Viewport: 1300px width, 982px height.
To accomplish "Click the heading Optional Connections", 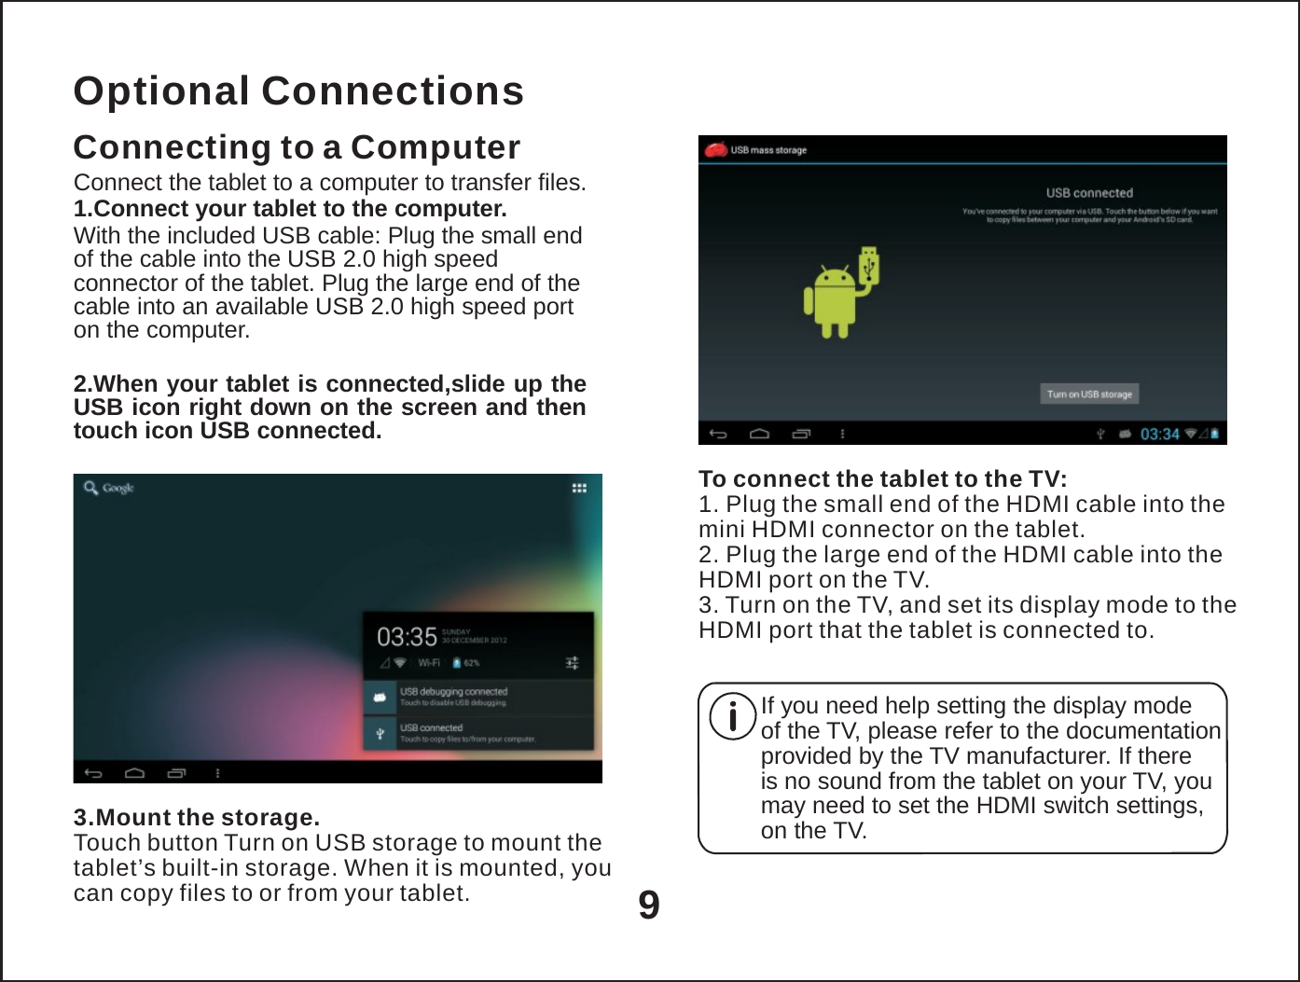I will [x=298, y=91].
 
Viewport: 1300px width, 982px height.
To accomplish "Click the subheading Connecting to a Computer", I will [x=297, y=147].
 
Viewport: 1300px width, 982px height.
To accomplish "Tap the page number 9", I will [x=649, y=906].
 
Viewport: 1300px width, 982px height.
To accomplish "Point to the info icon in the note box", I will [x=732, y=717].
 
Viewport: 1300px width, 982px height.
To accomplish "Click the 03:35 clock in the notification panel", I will [x=407, y=637].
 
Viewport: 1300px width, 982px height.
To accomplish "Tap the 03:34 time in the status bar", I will [x=1159, y=434].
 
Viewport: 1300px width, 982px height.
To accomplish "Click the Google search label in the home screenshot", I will [x=118, y=488].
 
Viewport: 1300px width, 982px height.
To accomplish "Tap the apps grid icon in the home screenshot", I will [x=579, y=488].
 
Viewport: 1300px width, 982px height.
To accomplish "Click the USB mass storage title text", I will [x=768, y=150].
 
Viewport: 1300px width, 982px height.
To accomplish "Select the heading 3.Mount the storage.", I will [x=197, y=818].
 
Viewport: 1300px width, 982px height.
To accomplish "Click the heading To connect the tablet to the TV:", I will [x=882, y=479].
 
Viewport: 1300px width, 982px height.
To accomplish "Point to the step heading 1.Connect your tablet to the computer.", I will [x=290, y=208].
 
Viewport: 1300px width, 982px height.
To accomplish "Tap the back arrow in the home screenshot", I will [x=93, y=773].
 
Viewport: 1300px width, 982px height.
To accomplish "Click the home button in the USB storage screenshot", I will [x=759, y=434].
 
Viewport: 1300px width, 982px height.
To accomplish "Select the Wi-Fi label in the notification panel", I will [x=429, y=663].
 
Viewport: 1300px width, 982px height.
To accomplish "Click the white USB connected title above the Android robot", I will [x=1088, y=193].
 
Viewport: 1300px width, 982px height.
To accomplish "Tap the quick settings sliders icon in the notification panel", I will [x=573, y=663].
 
